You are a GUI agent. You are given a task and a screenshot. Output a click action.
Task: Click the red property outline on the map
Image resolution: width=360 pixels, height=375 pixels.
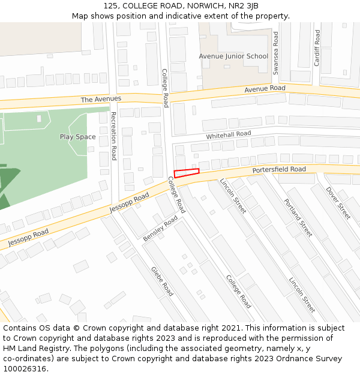tap(187, 173)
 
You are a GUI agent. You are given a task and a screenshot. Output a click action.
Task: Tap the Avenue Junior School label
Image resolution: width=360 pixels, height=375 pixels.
tap(233, 56)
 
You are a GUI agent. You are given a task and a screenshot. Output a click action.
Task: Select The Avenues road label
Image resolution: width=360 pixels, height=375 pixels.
tap(101, 99)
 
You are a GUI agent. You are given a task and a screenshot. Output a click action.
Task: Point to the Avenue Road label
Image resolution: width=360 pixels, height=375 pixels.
tap(265, 89)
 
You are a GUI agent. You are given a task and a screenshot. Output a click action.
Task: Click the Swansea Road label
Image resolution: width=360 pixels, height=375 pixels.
tap(276, 53)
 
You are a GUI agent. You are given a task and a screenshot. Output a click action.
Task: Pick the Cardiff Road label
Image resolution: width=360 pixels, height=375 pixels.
tap(317, 47)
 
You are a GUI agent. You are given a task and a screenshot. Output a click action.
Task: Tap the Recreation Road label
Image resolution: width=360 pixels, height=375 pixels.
tap(113, 136)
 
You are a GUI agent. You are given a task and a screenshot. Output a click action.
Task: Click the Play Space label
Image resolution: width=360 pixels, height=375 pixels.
tap(77, 137)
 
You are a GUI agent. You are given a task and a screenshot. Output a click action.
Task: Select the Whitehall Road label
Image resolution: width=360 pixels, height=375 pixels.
tap(229, 135)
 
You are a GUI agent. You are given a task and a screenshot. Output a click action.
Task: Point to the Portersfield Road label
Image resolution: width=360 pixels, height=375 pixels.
tap(279, 170)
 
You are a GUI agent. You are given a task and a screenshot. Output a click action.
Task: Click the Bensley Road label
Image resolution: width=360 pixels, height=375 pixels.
tap(160, 229)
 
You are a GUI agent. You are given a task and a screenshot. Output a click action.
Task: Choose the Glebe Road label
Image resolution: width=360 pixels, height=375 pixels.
tap(162, 281)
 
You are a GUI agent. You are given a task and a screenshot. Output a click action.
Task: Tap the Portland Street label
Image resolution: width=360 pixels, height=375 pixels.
tap(298, 218)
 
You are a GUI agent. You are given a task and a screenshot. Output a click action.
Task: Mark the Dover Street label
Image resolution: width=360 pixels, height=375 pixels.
tap(338, 203)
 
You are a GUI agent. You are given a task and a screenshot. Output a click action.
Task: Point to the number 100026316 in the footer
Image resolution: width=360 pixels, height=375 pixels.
tap(25, 369)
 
